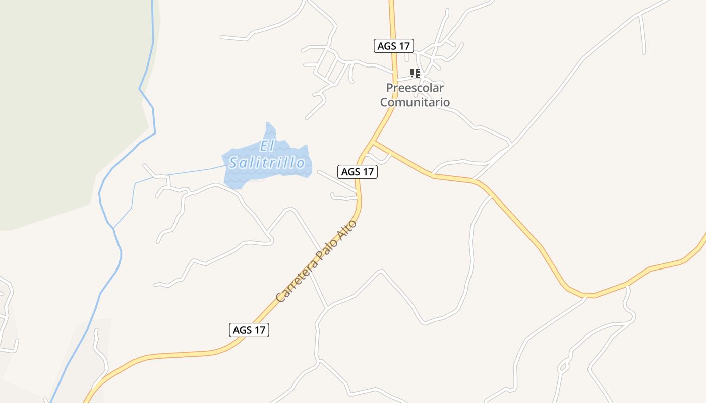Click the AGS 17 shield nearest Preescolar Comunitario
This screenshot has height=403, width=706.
(x=394, y=46)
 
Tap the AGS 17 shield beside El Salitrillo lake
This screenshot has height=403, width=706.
(x=357, y=171)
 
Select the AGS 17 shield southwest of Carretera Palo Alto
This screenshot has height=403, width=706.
(x=249, y=330)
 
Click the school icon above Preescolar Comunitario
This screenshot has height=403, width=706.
(x=415, y=73)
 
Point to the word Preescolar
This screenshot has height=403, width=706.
(x=415, y=88)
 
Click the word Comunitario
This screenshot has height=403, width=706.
(x=415, y=102)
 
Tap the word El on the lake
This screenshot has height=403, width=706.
(x=266, y=146)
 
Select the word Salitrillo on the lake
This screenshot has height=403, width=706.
(x=267, y=163)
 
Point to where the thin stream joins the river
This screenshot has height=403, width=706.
(x=113, y=228)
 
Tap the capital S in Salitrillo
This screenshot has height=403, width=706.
(x=233, y=163)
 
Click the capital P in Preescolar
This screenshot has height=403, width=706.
(x=390, y=88)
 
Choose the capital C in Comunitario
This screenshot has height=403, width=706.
(x=384, y=102)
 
